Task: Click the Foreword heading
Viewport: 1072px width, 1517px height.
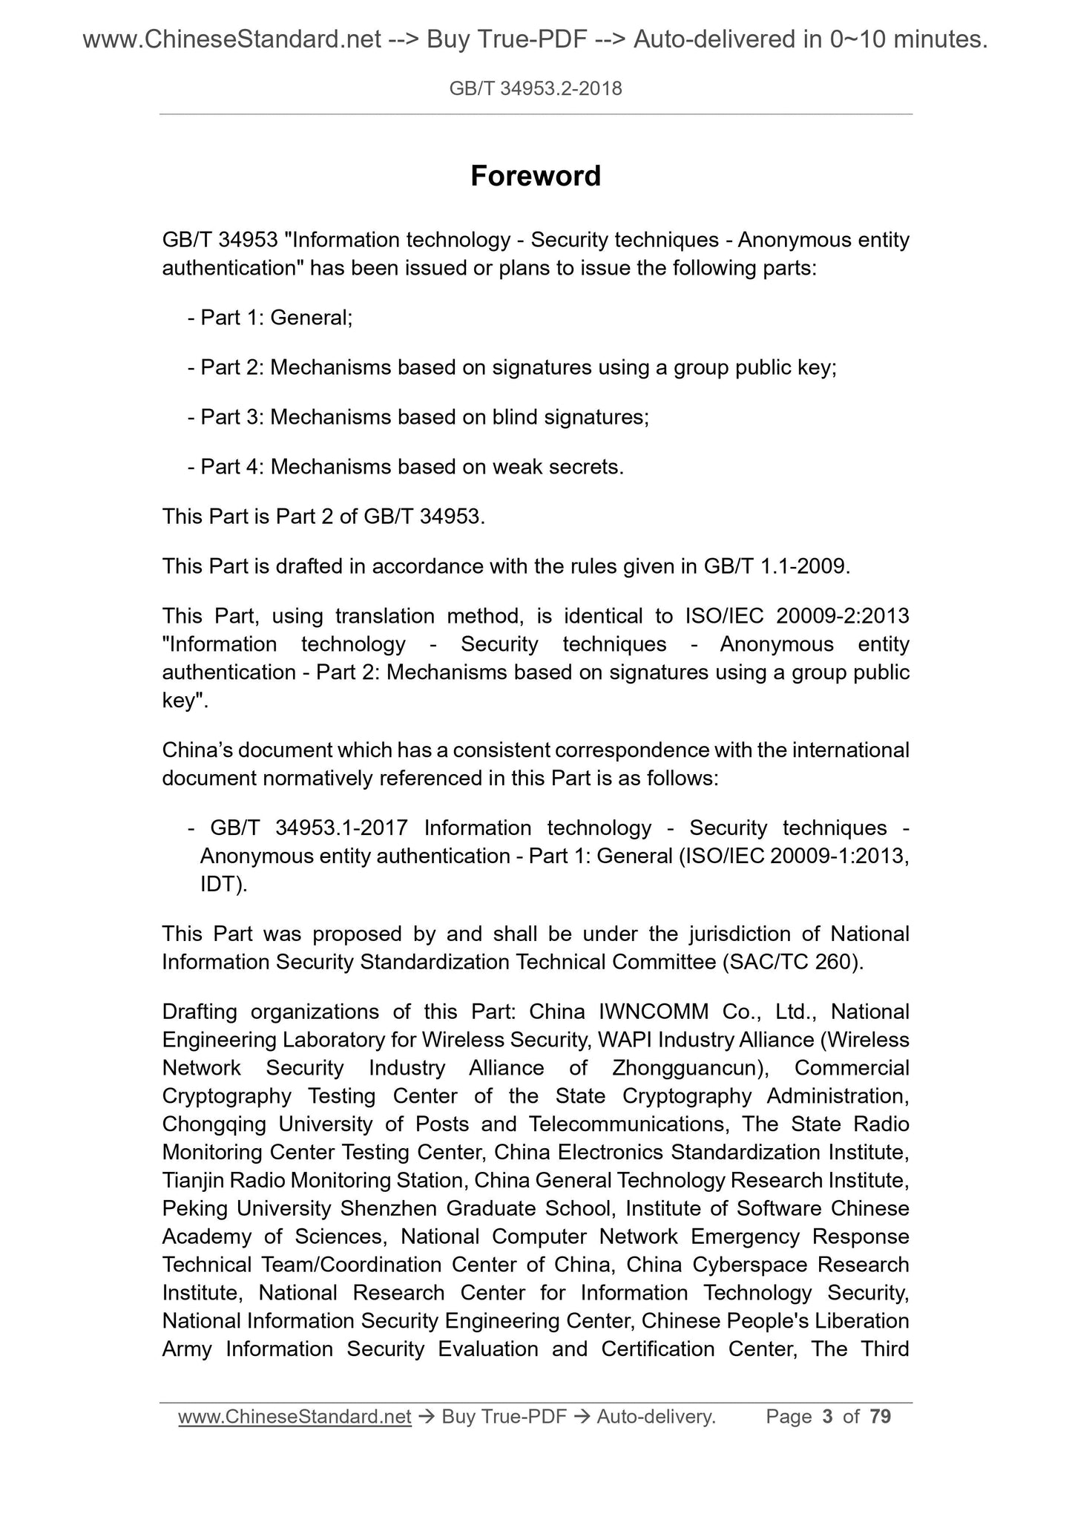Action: [536, 177]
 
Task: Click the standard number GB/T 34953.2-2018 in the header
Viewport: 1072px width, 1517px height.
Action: [536, 90]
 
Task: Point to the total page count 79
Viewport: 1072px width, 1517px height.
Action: [880, 1417]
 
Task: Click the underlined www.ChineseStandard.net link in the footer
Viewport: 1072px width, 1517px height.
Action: [295, 1417]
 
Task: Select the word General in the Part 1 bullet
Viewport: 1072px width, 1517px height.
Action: [310, 318]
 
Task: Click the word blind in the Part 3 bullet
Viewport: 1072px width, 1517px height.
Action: [514, 417]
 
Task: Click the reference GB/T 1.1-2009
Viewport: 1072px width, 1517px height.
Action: [775, 566]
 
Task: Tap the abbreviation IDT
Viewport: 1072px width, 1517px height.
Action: [220, 885]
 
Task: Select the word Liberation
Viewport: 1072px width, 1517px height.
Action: [861, 1321]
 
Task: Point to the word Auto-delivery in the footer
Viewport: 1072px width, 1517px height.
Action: [655, 1417]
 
